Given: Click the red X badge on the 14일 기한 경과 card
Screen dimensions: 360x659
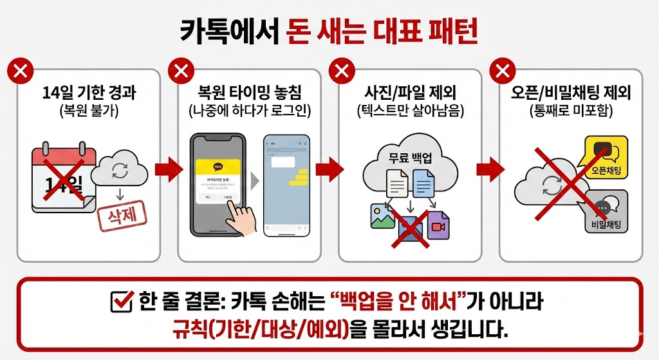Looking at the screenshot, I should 21,70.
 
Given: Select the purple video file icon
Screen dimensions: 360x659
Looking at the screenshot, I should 438,225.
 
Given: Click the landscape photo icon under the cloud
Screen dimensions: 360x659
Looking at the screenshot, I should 382,216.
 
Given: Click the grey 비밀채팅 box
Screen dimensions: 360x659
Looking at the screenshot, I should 606,212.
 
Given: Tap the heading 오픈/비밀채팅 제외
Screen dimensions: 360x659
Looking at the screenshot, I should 570,92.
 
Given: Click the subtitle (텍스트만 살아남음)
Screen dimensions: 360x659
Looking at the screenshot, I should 410,110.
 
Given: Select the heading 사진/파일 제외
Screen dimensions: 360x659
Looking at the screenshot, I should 410,92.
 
